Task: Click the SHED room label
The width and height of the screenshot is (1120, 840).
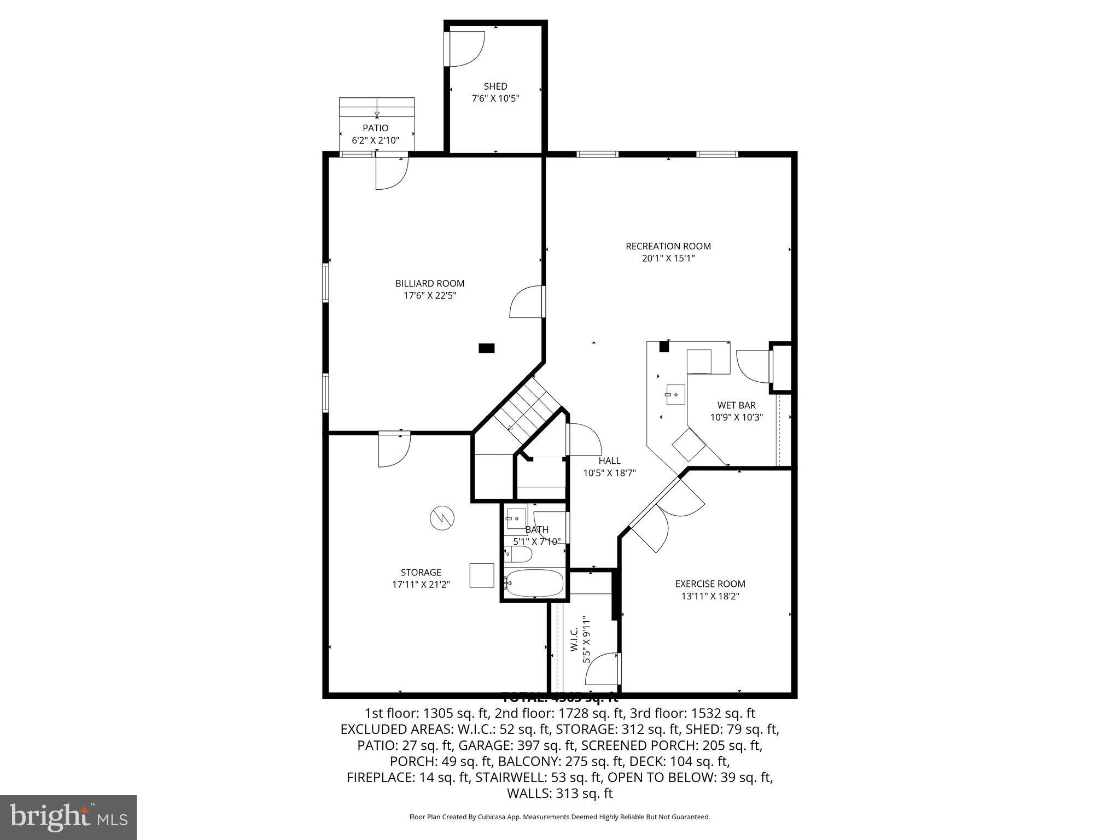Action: click(x=495, y=86)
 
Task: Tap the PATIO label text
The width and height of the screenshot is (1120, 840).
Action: click(x=375, y=128)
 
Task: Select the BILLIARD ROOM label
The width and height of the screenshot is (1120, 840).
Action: click(x=430, y=283)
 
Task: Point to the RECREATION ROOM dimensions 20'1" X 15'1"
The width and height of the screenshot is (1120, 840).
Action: click(x=668, y=258)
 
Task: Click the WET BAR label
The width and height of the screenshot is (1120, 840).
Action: click(x=736, y=405)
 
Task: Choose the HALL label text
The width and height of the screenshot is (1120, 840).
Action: click(x=609, y=461)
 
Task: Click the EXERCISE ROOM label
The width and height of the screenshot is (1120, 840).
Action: click(x=710, y=584)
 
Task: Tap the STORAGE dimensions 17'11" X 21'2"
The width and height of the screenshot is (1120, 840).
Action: click(x=421, y=585)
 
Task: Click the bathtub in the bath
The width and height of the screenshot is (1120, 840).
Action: click(x=534, y=584)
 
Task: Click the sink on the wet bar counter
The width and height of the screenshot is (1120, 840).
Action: click(x=675, y=394)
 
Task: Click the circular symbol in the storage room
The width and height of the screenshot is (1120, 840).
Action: click(x=442, y=517)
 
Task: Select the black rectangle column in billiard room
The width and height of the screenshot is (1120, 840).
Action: click(x=486, y=348)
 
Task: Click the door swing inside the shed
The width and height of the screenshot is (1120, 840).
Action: click(x=465, y=49)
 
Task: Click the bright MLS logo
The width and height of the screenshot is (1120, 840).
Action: click(x=68, y=818)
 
